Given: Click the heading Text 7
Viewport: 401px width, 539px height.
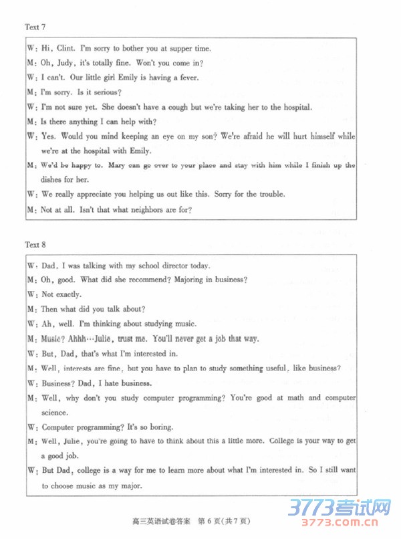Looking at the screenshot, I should coord(35,27).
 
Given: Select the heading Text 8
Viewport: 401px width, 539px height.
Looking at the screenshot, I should coord(35,245).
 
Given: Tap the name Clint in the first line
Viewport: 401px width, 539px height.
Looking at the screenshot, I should coord(65,48).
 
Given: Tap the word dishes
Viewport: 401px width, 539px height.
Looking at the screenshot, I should coord(52,179).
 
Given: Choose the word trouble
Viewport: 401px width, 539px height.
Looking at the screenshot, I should coord(270,194).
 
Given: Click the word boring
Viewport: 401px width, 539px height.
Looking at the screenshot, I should coord(160,427).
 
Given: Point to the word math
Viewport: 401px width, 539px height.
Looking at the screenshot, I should coord(295,398).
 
